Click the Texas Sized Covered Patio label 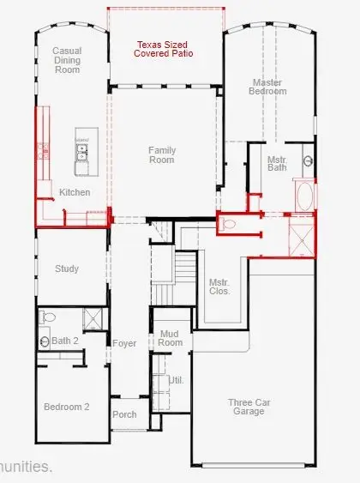click(163, 48)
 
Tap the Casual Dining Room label click(67, 60)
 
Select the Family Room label click(161, 154)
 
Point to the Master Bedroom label click(268, 87)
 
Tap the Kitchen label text click(75, 193)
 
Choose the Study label click(67, 269)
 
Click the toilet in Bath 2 click(48, 317)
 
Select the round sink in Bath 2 click(45, 341)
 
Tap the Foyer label click(124, 343)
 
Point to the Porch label click(123, 414)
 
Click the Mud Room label click(170, 338)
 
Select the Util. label click(177, 378)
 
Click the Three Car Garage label click(250, 407)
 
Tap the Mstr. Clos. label click(219, 287)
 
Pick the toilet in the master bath click(229, 224)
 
